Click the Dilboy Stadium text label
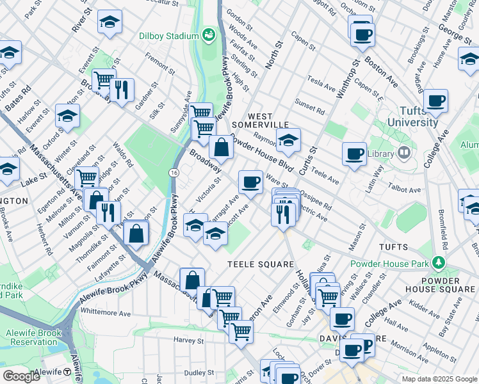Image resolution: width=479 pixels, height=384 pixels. point(168,36)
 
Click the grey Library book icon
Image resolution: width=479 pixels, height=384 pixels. point(403,152)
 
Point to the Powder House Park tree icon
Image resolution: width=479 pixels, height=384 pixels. point(438,262)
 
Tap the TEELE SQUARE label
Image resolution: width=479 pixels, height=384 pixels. point(261,264)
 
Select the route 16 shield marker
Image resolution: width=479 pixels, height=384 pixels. point(174,173)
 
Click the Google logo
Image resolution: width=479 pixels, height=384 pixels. point(21,376)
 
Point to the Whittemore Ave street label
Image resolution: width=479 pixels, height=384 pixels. point(106,314)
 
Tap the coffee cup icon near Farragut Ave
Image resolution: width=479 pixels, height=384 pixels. point(250,182)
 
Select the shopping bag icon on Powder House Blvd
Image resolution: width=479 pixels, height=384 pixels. point(221,147)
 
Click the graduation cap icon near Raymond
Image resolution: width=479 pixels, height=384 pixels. point(288,140)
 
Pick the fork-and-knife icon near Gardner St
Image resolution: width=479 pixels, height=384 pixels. point(121,90)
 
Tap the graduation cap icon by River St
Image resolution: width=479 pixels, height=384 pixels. point(110,21)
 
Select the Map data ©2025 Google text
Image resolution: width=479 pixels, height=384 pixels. point(439,379)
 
